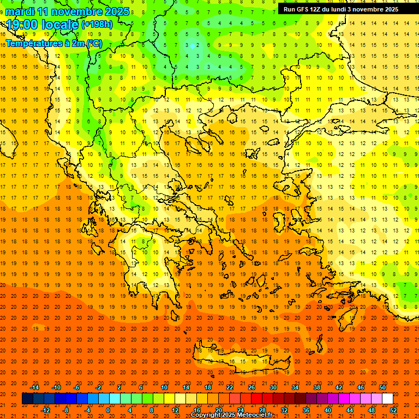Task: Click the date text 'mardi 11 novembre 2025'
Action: (68, 11)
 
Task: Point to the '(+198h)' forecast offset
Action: (97, 25)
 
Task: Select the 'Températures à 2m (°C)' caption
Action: (54, 44)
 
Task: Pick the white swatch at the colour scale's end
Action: (387, 399)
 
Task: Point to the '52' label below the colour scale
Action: (394, 410)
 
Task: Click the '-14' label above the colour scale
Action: (34, 387)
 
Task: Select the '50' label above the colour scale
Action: (382, 387)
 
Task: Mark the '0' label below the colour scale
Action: (108, 410)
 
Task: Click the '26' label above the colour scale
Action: (252, 387)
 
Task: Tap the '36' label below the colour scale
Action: (306, 410)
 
